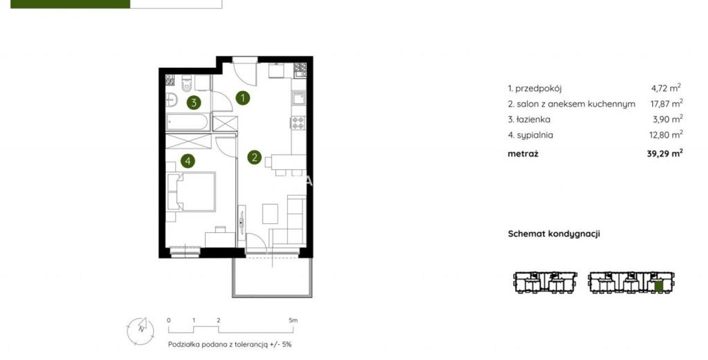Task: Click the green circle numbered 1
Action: (243, 98)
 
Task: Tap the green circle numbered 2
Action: (254, 157)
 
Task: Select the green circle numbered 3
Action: (194, 103)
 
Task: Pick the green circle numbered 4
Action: (188, 160)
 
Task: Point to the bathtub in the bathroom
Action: (187, 122)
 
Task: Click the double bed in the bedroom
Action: (191, 191)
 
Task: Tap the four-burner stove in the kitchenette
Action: (298, 122)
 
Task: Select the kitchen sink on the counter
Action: (298, 98)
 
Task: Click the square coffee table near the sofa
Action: (271, 214)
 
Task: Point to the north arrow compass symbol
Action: (140, 331)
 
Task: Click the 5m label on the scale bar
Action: (293, 320)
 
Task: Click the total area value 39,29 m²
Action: (665, 153)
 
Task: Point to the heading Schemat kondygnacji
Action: (554, 234)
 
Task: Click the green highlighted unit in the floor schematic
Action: (658, 286)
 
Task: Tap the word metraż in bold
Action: (523, 154)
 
